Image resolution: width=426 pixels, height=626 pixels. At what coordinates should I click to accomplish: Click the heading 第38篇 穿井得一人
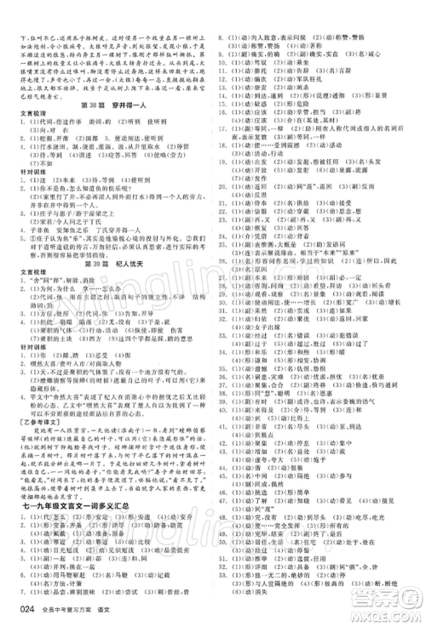coord(111,105)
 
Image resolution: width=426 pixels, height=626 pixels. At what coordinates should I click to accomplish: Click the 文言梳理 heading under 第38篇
coord(31,117)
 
